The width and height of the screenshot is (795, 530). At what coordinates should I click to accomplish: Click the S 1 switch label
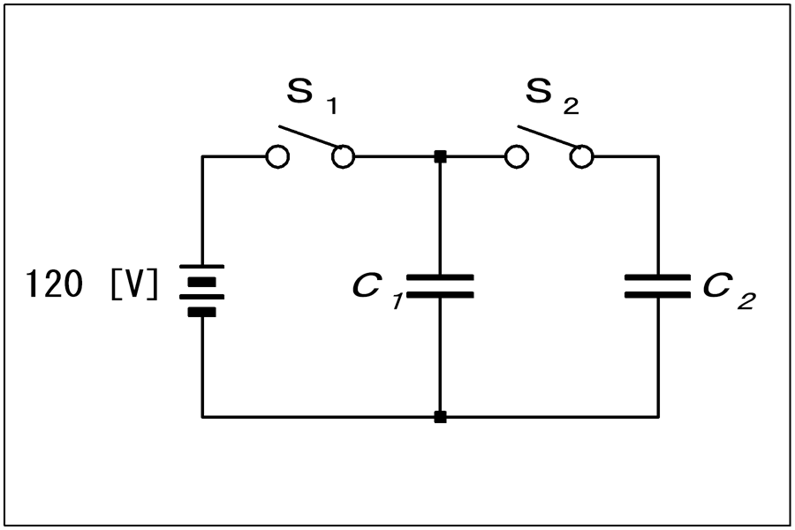(x=312, y=96)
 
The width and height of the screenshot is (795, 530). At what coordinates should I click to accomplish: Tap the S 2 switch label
(x=552, y=96)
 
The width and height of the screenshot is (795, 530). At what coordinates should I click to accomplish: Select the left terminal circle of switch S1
(x=278, y=156)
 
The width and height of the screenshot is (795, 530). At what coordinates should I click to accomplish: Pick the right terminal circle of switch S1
(x=344, y=156)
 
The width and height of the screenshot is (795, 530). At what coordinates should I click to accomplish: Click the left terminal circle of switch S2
(x=517, y=156)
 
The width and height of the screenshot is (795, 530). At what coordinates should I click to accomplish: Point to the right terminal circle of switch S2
(x=581, y=156)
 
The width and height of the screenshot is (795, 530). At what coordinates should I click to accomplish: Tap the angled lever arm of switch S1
(x=309, y=136)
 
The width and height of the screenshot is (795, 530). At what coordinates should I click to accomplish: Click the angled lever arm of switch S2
(x=548, y=136)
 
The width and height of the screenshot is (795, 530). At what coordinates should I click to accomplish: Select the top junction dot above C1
(x=440, y=156)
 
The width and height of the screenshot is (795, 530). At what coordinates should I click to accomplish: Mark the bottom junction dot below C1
(x=440, y=417)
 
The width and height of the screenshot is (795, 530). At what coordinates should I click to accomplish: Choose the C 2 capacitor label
(x=729, y=291)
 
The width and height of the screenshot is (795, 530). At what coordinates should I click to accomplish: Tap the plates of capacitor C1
(x=440, y=286)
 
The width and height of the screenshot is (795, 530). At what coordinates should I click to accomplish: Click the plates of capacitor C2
(x=657, y=286)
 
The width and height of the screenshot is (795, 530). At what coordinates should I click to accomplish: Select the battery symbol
(x=201, y=291)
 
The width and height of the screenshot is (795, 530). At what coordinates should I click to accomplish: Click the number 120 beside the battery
(x=54, y=284)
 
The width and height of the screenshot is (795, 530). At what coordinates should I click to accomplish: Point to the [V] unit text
(x=134, y=284)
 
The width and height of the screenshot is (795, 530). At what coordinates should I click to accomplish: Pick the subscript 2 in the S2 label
(x=571, y=107)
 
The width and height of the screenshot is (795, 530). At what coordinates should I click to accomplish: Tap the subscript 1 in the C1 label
(x=397, y=302)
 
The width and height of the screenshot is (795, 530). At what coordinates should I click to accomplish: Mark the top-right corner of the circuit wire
(x=658, y=156)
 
